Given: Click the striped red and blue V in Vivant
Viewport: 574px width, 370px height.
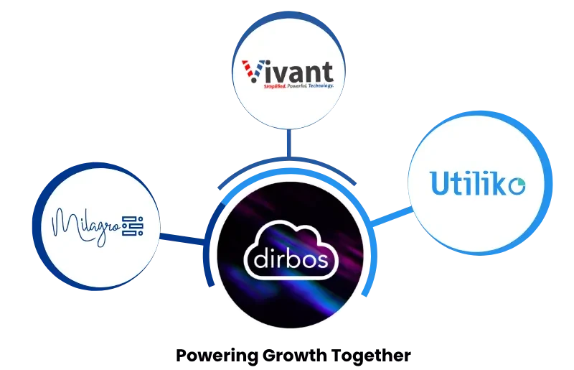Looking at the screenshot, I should pyautogui.click(x=250, y=73).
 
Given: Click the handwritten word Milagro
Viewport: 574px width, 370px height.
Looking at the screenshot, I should pyautogui.click(x=86, y=225).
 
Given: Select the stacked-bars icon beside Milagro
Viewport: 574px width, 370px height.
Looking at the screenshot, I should pyautogui.click(x=133, y=226).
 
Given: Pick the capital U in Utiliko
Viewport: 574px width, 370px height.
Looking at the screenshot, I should pyautogui.click(x=439, y=182).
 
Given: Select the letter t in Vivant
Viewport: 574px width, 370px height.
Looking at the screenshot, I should pyautogui.click(x=328, y=72).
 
